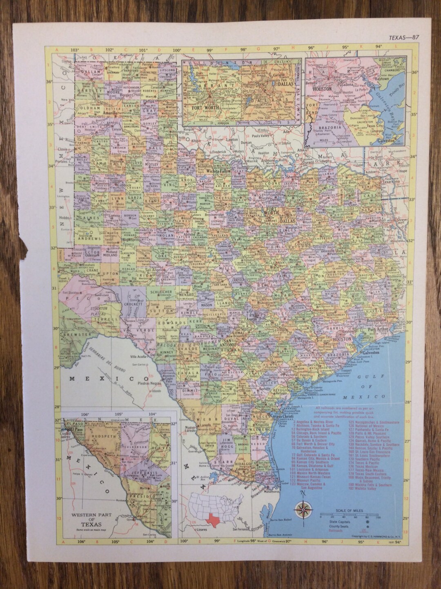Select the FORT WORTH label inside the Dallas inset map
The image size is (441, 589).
coord(205,107)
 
